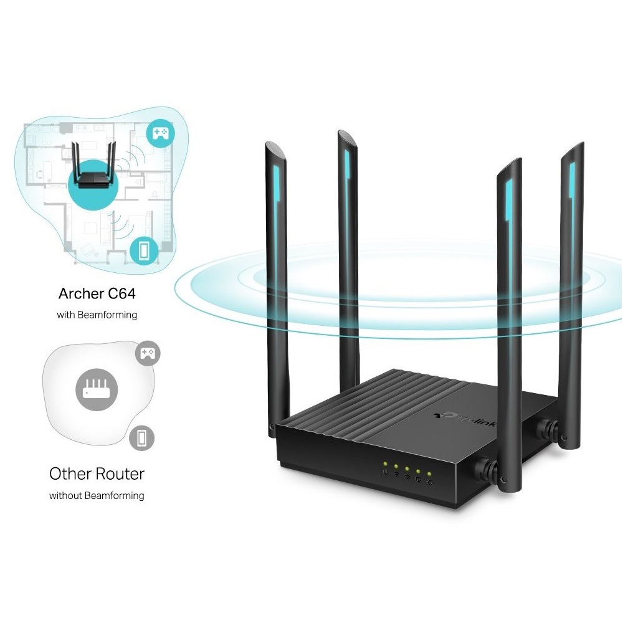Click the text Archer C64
tap(97, 293)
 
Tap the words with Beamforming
tap(97, 315)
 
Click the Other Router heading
tap(97, 473)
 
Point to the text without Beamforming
tap(97, 495)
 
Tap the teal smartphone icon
tap(144, 250)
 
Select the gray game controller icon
tap(148, 353)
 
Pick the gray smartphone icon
tap(142, 438)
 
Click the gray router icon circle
tap(97, 390)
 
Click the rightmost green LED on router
tap(429, 474)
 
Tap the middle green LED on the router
tap(407, 469)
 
